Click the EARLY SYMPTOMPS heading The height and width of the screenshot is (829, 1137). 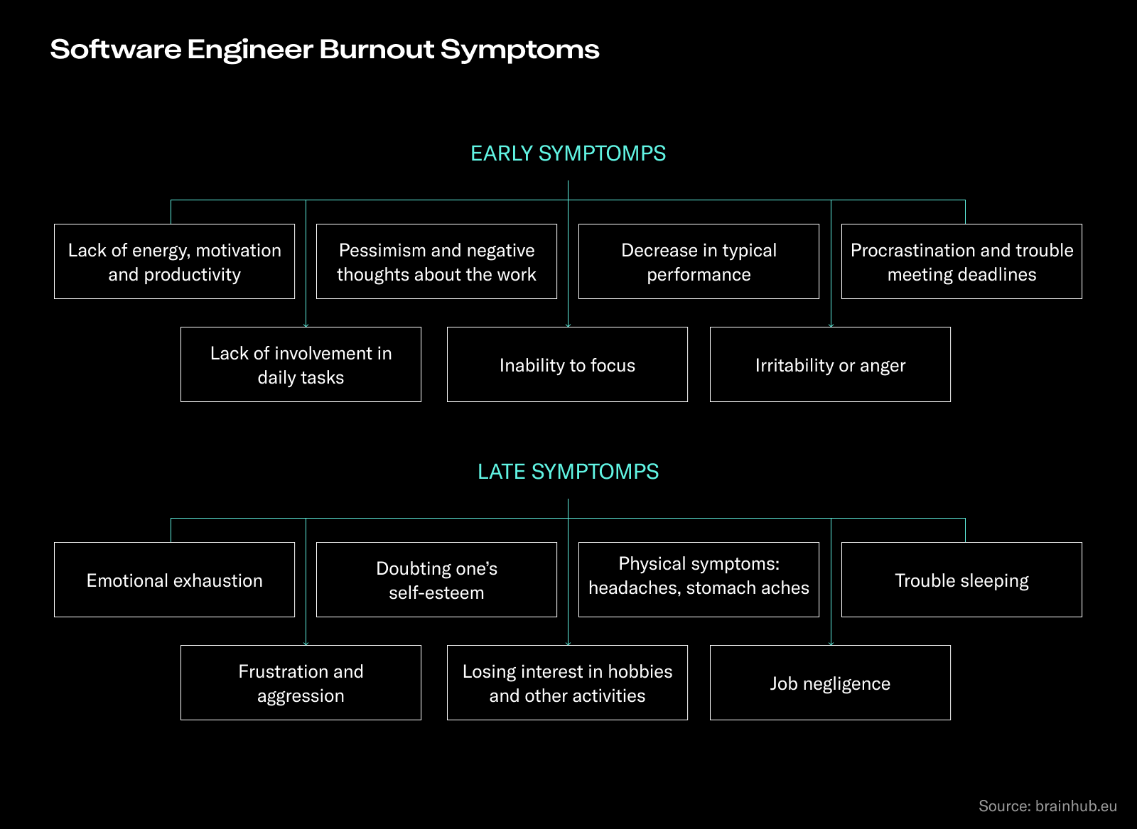click(568, 153)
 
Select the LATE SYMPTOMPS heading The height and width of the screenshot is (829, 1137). click(568, 472)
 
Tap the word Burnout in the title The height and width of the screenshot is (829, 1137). click(376, 50)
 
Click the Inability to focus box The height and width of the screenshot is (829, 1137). click(567, 365)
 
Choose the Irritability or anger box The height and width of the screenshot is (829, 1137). click(830, 365)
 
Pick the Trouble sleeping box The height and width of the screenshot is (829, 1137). click(961, 580)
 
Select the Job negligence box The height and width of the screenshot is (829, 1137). click(830, 683)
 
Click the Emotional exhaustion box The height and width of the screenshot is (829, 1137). click(174, 580)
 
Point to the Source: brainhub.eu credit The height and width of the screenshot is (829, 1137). click(1047, 806)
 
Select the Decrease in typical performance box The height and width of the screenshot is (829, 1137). click(699, 262)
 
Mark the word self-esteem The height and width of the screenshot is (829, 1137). click(436, 593)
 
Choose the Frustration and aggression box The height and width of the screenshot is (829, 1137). click(301, 683)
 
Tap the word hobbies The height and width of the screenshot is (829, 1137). click(640, 672)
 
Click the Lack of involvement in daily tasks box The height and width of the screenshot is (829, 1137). click(301, 365)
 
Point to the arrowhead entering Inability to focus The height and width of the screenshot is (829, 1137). click(568, 325)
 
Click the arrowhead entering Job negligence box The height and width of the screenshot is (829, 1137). click(831, 643)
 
